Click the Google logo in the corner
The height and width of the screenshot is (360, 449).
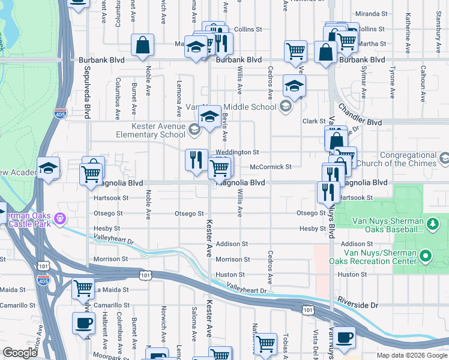tap(20, 353)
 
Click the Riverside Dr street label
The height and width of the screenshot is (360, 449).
tap(358, 305)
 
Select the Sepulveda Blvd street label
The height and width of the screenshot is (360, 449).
tap(88, 86)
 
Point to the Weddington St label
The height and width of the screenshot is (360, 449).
tap(237, 152)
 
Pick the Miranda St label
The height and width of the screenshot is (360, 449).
tap(371, 13)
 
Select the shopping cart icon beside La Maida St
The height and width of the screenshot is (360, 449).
tap(83, 287)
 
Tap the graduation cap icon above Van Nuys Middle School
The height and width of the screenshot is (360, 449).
tap(294, 86)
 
